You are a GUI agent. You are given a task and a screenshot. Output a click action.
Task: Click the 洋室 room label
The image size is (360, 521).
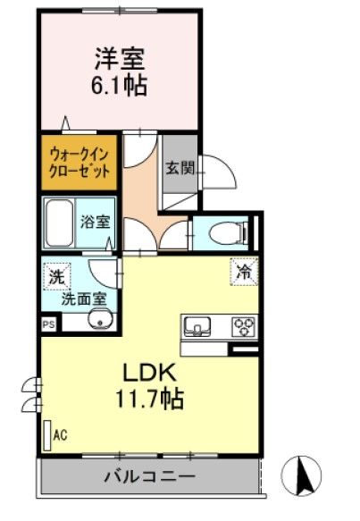pyautogui.click(x=121, y=60)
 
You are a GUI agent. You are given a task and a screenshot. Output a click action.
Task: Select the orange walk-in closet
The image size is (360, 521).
pyautogui.click(x=80, y=161)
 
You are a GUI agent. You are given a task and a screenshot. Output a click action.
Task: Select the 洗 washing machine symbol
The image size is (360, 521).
pyautogui.click(x=55, y=277)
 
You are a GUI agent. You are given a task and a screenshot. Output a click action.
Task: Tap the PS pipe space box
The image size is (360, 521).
pyautogui.click(x=46, y=325)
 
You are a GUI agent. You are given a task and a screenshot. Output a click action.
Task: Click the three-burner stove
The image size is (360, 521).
pyautogui.click(x=242, y=325)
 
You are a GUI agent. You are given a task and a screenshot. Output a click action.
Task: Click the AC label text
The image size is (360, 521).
pyautogui.click(x=61, y=436)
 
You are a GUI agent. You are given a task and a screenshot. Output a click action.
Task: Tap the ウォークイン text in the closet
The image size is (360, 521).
pyautogui.click(x=80, y=153)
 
